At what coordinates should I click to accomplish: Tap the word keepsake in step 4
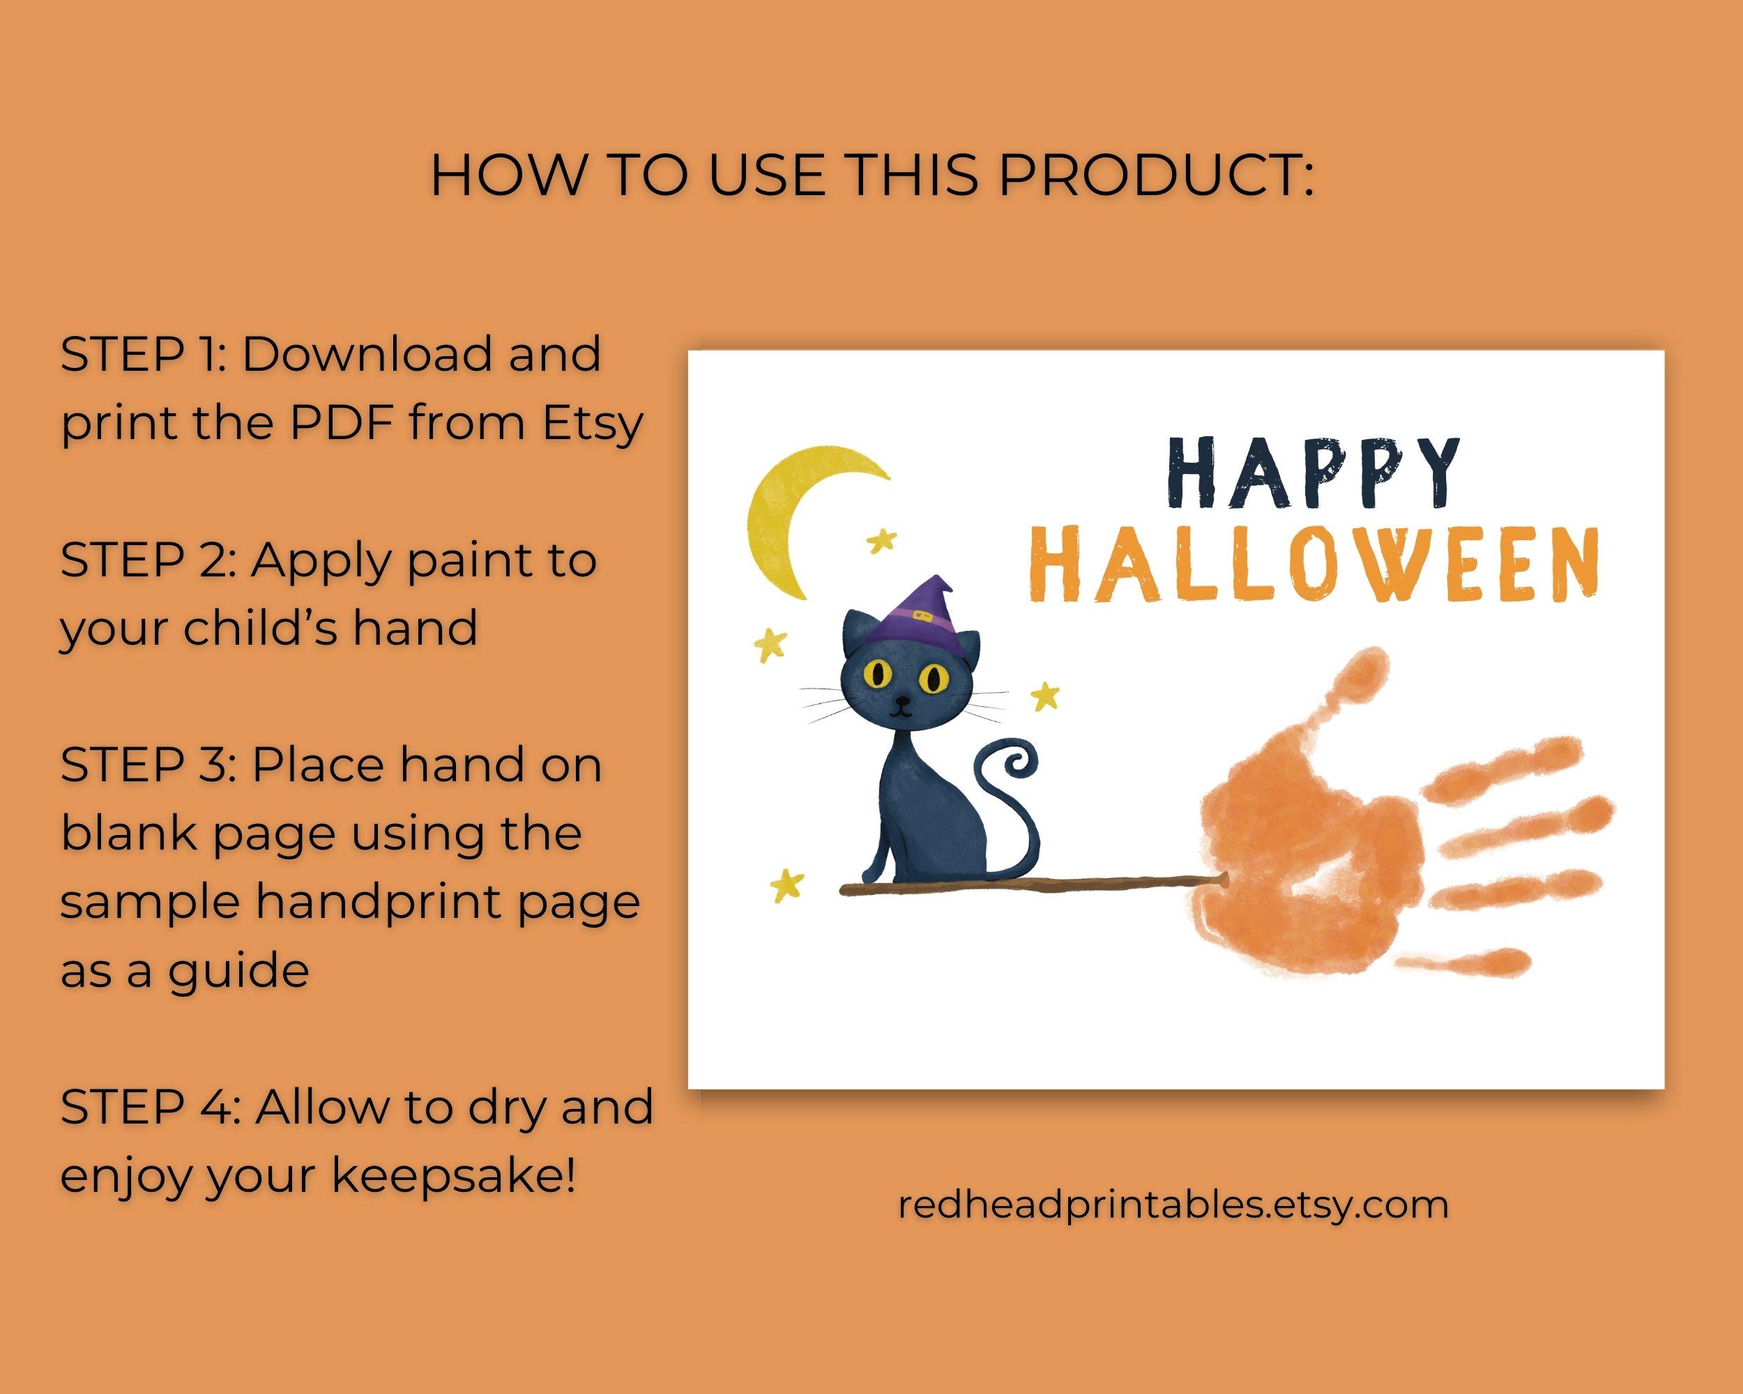pyautogui.click(x=452, y=1176)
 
